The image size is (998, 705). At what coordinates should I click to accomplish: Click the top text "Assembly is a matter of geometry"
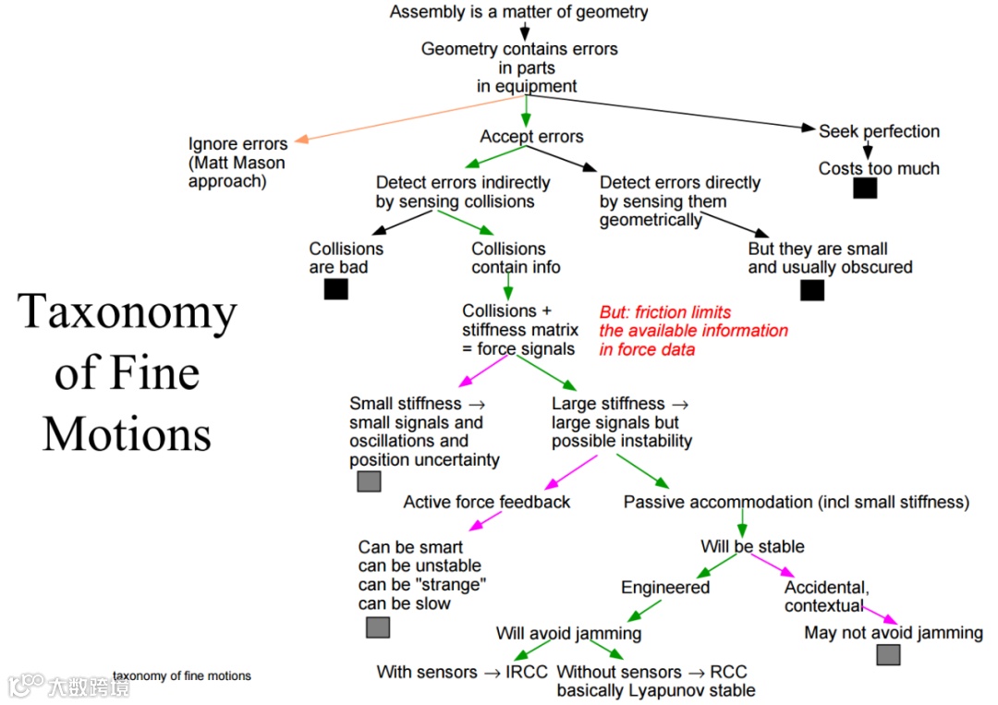tap(518, 12)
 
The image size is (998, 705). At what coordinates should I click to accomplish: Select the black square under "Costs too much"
tap(865, 188)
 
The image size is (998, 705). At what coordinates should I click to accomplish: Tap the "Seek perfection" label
tap(879, 131)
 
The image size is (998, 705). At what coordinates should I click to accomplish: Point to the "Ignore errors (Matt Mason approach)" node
tap(237, 163)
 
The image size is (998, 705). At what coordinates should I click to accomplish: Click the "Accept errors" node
tap(531, 137)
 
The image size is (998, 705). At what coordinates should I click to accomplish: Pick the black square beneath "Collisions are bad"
tap(336, 289)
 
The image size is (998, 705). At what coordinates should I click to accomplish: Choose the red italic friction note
tap(693, 331)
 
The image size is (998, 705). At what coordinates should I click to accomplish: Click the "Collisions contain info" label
tap(516, 258)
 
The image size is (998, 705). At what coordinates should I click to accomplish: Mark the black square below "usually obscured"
tap(812, 290)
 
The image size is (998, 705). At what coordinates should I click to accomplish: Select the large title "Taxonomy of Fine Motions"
tap(128, 372)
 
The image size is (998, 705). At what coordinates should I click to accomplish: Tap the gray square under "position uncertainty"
tap(369, 481)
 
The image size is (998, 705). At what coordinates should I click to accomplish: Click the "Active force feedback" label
tap(487, 502)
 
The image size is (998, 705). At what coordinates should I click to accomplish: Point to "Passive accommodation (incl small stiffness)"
tap(796, 502)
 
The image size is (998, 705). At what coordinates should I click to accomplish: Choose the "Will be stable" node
tap(752, 546)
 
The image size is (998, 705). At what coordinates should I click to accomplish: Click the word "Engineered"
tap(665, 588)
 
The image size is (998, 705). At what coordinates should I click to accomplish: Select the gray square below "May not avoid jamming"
tap(888, 655)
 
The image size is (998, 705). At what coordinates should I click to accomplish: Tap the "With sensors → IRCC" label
tap(462, 672)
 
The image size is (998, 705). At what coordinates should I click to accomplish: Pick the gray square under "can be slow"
tap(378, 627)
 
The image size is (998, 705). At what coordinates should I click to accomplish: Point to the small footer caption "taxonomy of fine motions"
tap(182, 676)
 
